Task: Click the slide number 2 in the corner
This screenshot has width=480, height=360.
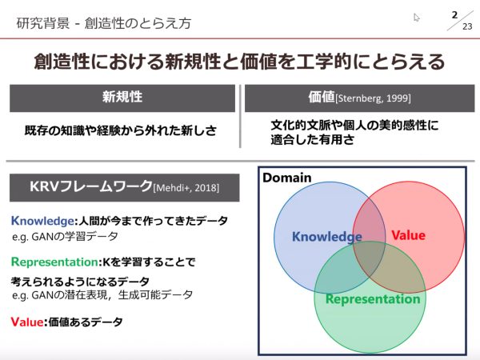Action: click(x=454, y=14)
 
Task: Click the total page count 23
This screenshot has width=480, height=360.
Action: click(x=467, y=26)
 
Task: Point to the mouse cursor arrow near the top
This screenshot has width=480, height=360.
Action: click(x=416, y=18)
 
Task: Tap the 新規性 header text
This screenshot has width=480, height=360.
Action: click(x=122, y=97)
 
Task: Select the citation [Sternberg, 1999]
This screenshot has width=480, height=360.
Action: click(x=373, y=98)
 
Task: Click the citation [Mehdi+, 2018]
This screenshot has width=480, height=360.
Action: click(x=186, y=187)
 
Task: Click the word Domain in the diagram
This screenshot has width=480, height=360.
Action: click(x=287, y=178)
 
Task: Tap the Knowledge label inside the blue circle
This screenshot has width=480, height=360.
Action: click(x=327, y=237)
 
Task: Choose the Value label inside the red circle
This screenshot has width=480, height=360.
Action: click(x=408, y=235)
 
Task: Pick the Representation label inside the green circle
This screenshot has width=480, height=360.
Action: click(x=373, y=299)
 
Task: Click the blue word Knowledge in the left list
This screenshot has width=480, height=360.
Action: click(x=42, y=221)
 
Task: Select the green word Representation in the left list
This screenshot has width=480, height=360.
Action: click(x=54, y=262)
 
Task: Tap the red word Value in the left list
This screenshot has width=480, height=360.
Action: click(x=27, y=322)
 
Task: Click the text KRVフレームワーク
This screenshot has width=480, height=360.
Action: click(x=91, y=186)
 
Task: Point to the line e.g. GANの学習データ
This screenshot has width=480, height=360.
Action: click(x=65, y=236)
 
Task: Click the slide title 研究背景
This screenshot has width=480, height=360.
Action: click(x=43, y=23)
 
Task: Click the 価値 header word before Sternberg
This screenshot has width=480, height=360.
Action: click(x=322, y=97)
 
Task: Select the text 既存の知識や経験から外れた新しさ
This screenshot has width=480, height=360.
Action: click(x=121, y=130)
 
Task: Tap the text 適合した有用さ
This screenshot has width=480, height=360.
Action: click(x=312, y=140)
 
